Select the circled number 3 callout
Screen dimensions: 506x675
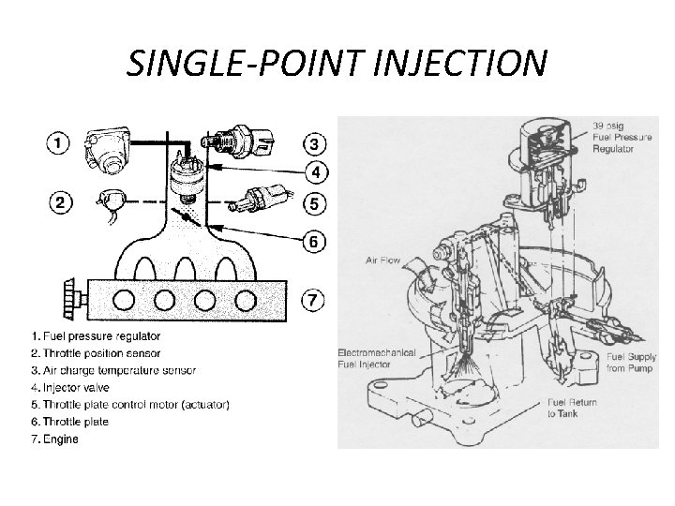tap(314, 143)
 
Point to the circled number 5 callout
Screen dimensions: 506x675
tap(314, 201)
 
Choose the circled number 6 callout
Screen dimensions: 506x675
tap(314, 242)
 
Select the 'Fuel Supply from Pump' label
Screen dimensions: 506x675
tap(630, 364)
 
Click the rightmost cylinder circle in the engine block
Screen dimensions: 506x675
tap(245, 300)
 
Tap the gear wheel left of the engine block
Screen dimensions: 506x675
tap(67, 299)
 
